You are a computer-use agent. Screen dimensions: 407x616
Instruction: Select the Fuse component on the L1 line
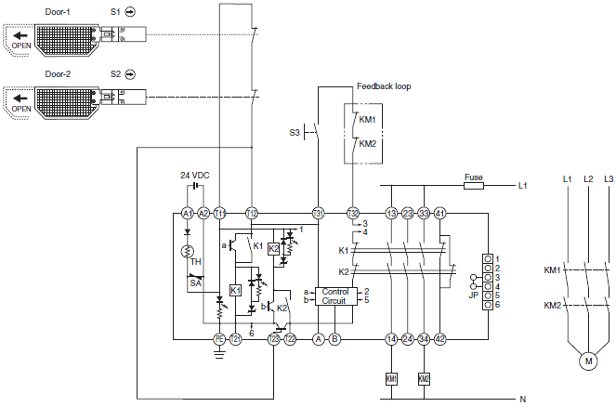click(x=473, y=186)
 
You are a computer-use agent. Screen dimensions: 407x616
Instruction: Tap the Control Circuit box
click(x=334, y=296)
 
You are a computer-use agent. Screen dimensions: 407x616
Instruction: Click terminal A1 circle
click(x=187, y=213)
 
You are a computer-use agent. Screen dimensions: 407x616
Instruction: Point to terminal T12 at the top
click(x=251, y=213)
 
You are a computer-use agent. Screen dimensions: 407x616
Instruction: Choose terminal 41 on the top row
click(x=440, y=213)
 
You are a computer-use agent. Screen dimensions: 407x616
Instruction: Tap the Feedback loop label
click(x=384, y=86)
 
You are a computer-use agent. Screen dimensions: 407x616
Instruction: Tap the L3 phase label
click(x=609, y=177)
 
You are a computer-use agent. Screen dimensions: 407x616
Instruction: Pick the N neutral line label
click(x=523, y=398)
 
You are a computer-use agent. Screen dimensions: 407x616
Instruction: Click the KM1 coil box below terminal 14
click(x=391, y=378)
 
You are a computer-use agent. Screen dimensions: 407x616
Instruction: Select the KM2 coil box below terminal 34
click(x=425, y=378)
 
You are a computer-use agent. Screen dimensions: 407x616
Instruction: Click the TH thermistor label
click(x=195, y=263)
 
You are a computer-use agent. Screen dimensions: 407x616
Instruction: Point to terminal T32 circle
click(x=352, y=213)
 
